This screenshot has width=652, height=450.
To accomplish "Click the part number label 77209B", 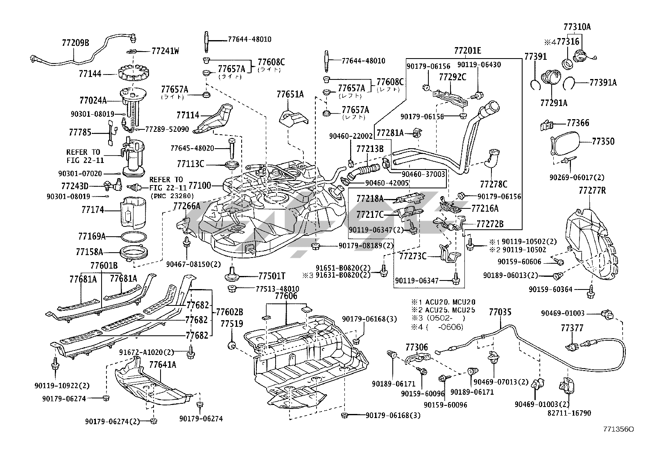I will (75, 42).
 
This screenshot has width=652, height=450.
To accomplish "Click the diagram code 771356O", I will (618, 429).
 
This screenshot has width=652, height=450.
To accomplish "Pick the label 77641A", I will (163, 364).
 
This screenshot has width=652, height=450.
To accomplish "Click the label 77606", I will (286, 296).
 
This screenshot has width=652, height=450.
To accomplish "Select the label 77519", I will (232, 323).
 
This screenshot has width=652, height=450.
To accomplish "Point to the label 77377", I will (572, 328).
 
